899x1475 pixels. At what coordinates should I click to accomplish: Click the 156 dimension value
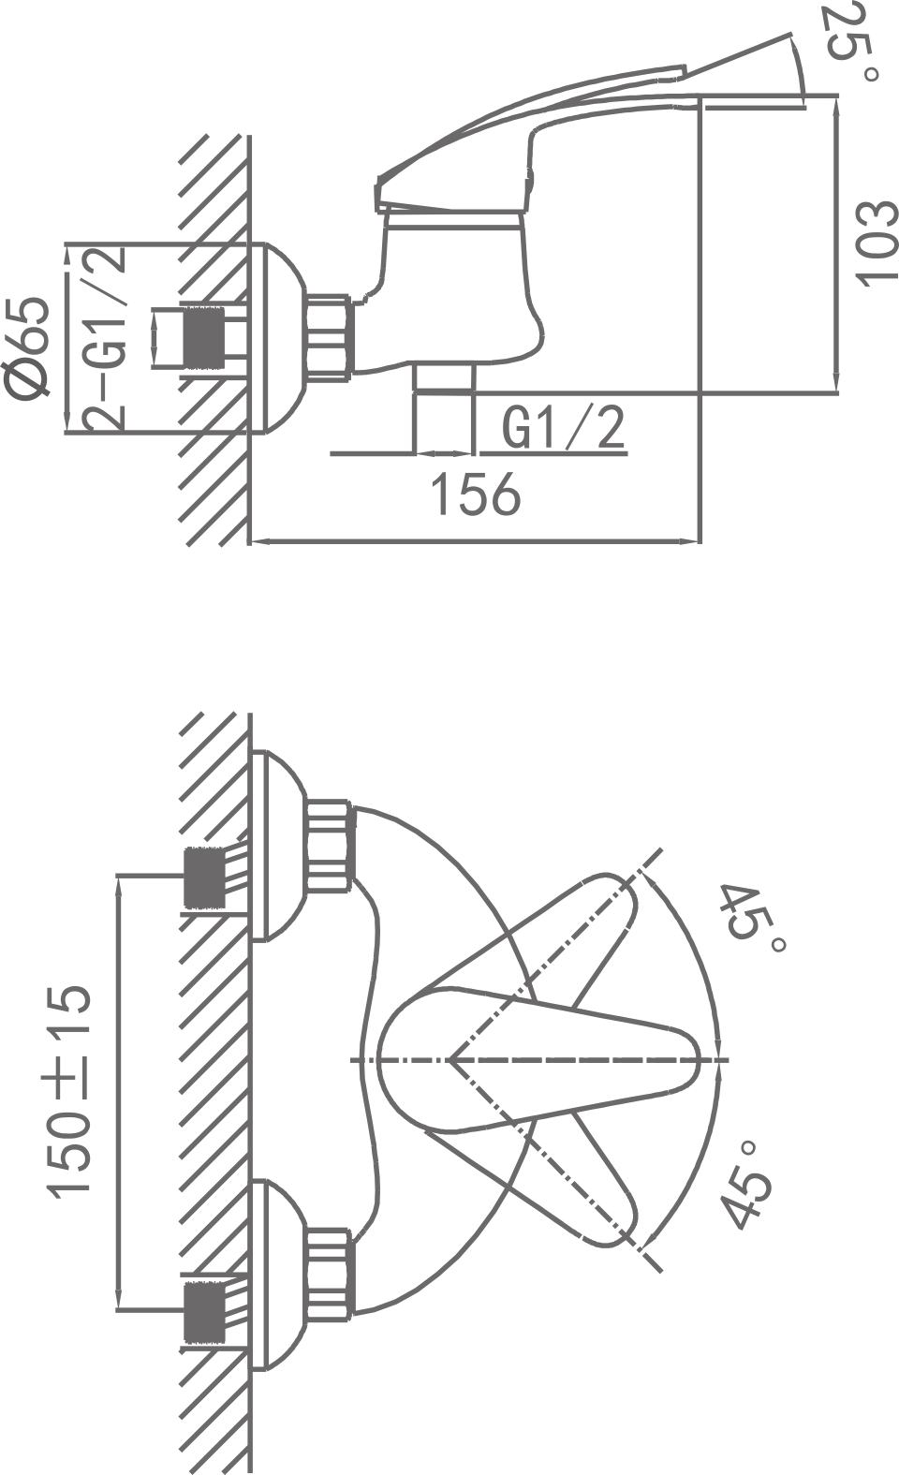point(474,494)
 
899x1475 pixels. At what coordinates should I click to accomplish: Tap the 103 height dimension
point(877,243)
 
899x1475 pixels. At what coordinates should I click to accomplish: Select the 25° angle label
point(850,42)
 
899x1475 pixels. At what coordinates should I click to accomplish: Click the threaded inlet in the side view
point(205,338)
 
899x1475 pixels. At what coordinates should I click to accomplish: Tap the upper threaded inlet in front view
point(205,878)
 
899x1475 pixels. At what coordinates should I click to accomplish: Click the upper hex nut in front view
point(328,845)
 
